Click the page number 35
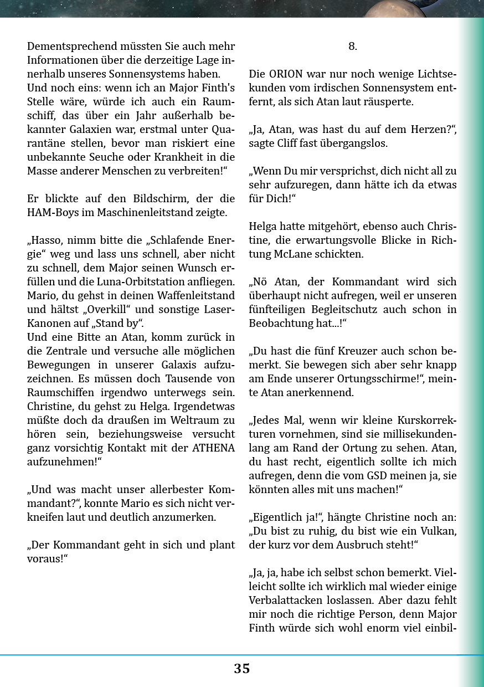[x=241, y=669]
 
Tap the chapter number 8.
[x=353, y=47]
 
